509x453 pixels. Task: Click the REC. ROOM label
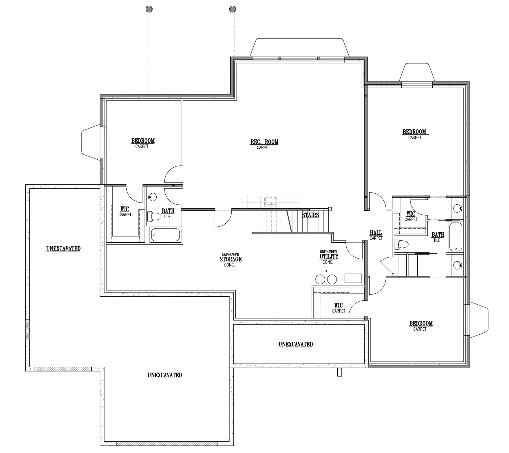pos(264,142)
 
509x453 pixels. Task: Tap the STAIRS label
pos(310,215)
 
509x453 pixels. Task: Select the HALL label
pos(376,233)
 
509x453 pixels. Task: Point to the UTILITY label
pos(329,257)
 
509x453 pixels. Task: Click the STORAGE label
pos(230,259)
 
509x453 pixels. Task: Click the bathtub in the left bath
pos(165,235)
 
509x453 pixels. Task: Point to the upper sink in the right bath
pos(457,209)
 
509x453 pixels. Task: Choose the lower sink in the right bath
pos(457,265)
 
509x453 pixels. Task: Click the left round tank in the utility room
pos(320,279)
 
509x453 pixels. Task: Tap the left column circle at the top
pos(149,9)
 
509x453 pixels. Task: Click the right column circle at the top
pos(232,9)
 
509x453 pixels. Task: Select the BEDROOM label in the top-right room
pos(414,132)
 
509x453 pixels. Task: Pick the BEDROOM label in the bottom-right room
pos(421,323)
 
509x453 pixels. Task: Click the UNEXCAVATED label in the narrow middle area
pos(296,344)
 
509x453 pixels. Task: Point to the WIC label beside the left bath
pos(125,209)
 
